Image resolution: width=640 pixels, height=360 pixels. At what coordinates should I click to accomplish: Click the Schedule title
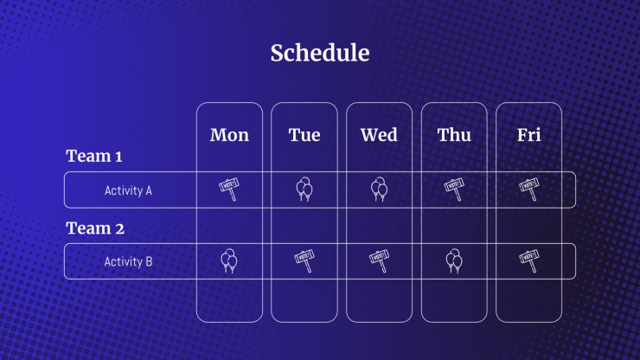[x=320, y=53]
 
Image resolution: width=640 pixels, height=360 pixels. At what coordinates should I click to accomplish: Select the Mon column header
[x=229, y=135]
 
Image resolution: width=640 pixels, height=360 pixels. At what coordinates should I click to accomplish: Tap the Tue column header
[x=304, y=135]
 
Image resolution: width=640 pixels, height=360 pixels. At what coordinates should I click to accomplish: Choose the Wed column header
[x=379, y=135]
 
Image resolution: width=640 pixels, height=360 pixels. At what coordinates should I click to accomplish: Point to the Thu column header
[x=454, y=135]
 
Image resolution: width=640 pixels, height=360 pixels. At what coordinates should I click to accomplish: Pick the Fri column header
[x=529, y=135]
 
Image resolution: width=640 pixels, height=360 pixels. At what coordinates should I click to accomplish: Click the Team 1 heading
[x=94, y=156]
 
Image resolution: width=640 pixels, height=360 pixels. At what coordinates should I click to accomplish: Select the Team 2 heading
[x=95, y=228]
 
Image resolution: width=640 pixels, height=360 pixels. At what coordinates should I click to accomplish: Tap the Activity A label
[x=128, y=190]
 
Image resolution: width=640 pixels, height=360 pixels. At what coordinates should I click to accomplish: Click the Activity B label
[x=128, y=261]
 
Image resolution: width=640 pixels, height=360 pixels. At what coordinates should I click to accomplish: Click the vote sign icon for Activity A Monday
[x=229, y=190]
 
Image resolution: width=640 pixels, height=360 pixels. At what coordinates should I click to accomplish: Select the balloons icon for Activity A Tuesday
[x=304, y=190]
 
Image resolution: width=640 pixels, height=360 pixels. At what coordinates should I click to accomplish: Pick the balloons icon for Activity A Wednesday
[x=379, y=190]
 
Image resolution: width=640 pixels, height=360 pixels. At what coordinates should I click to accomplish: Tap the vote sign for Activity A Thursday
[x=454, y=190]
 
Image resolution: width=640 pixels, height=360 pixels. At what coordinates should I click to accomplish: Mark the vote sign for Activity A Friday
[x=529, y=190]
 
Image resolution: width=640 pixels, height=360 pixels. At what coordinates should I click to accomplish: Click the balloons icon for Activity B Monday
[x=229, y=260]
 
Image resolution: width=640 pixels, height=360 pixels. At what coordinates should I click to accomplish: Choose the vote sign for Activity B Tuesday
[x=304, y=260]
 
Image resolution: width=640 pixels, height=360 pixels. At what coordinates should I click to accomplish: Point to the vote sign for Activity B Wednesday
[x=379, y=260]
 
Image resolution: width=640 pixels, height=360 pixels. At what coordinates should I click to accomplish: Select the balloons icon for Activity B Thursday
[x=454, y=260]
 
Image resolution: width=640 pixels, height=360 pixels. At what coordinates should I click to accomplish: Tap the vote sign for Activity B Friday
[x=529, y=260]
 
